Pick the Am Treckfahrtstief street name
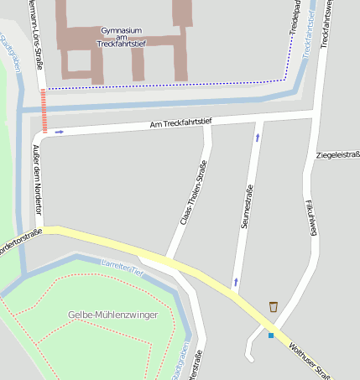[180, 123]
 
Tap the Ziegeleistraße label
[337, 155]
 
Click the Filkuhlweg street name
[309, 215]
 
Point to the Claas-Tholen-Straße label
[193, 193]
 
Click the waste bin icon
[274, 306]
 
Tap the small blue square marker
[271, 336]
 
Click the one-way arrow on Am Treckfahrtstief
[59, 132]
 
